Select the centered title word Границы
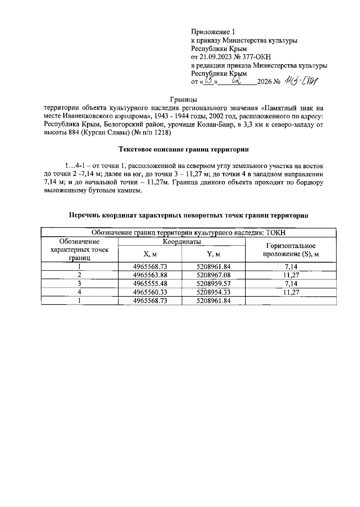[x=183, y=99]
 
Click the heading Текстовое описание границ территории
[x=184, y=149]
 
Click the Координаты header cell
[x=182, y=242]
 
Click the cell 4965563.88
[x=150, y=275]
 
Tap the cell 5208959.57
[x=214, y=283]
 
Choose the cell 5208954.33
[x=214, y=292]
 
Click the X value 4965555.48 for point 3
[x=150, y=283]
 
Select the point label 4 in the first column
[x=79, y=292]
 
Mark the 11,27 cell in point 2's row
[x=291, y=275]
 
